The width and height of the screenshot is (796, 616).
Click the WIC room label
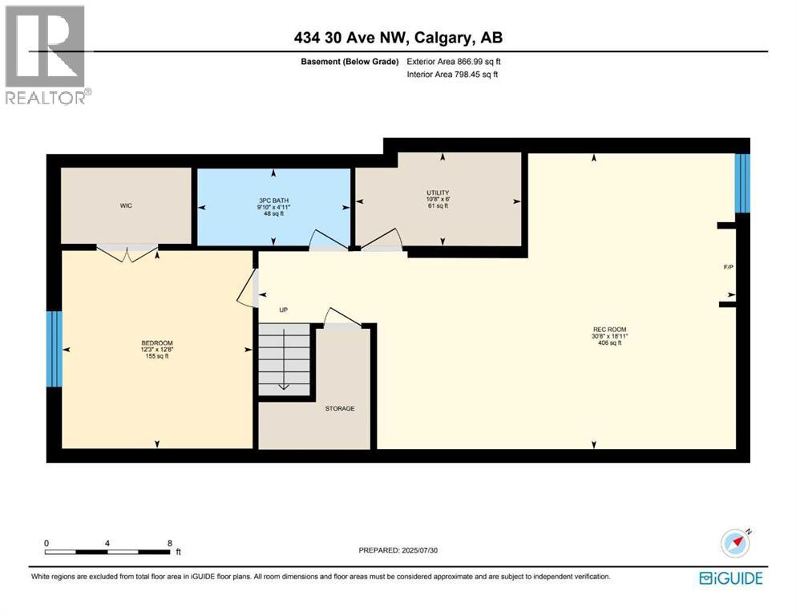(x=126, y=206)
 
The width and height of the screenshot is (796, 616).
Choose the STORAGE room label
(x=339, y=408)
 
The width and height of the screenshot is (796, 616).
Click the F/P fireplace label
(x=729, y=267)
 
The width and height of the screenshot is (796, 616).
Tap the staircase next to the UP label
(x=284, y=356)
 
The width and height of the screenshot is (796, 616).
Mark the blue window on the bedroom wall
(x=54, y=349)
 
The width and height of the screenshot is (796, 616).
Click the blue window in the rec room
(x=743, y=183)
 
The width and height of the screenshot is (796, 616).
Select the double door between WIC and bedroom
(x=127, y=252)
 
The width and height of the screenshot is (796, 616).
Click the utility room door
(x=382, y=241)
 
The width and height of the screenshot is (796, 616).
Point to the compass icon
(x=735, y=543)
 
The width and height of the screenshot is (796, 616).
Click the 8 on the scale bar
(x=170, y=543)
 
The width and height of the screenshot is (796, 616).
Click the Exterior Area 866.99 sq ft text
(x=454, y=61)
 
